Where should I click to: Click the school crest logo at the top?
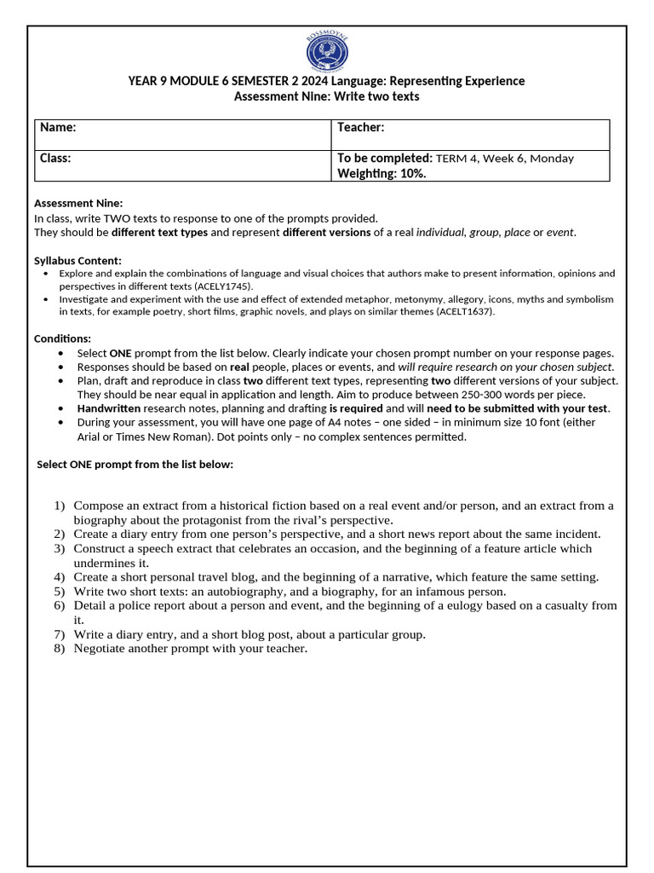click(327, 50)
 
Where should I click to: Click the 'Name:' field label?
click(58, 127)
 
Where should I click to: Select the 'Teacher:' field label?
click(361, 127)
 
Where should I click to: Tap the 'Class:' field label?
click(55, 158)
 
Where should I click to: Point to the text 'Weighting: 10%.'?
click(381, 173)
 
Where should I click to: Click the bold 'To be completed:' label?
click(385, 158)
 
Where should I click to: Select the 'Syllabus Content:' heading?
click(77, 260)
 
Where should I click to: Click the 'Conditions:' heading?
click(62, 338)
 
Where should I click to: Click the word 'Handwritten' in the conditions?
click(108, 408)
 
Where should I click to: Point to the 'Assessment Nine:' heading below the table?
click(78, 203)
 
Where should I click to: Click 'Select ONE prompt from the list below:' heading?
click(135, 464)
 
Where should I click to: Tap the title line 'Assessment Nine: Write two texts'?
click(326, 96)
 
